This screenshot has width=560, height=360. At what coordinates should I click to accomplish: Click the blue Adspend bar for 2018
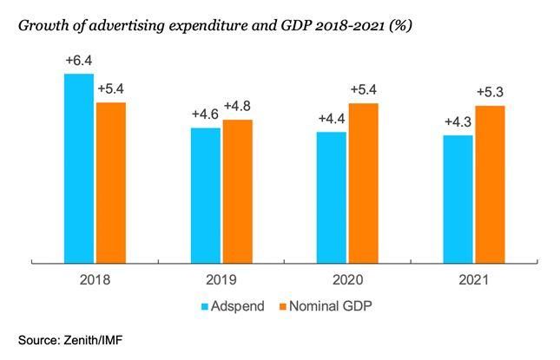point(79,167)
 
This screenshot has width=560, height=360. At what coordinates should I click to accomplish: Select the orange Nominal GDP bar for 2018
point(111,181)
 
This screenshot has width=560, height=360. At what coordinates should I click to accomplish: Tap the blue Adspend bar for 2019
point(206,193)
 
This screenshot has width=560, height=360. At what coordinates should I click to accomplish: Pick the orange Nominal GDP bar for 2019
point(237,190)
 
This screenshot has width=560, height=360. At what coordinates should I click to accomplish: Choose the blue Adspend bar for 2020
point(332,196)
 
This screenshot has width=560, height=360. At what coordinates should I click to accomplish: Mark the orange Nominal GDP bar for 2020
point(363,181)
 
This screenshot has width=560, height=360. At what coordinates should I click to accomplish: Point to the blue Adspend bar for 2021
point(458,198)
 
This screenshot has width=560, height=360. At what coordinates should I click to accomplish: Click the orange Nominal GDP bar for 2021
point(490,183)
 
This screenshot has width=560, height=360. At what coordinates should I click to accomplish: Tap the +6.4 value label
point(79,61)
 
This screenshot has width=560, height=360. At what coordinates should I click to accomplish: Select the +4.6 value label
point(206,115)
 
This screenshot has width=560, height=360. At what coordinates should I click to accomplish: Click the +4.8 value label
point(238,107)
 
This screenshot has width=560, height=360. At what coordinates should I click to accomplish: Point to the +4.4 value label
point(332,119)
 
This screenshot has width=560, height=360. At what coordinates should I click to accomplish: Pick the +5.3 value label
point(491,92)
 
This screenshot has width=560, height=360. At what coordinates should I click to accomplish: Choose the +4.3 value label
point(458,121)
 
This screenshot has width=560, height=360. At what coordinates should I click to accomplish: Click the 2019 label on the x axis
point(221,280)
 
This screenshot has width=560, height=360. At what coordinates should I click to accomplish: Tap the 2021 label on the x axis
point(473,280)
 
